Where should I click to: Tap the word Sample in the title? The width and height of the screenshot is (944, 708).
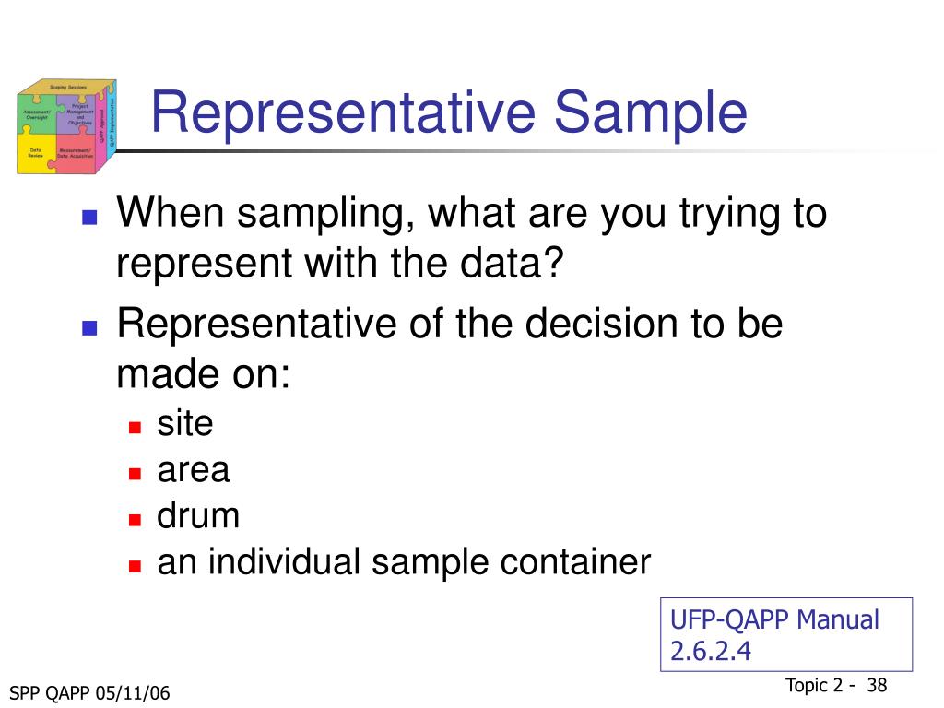click(650, 113)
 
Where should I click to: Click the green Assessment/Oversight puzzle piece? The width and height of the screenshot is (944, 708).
click(36, 113)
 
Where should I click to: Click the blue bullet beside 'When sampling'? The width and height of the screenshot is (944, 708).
click(89, 218)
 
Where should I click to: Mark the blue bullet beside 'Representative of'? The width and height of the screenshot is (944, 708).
click(89, 327)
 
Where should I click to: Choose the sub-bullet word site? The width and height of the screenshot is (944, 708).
click(185, 424)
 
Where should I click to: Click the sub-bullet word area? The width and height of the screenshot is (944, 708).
click(194, 471)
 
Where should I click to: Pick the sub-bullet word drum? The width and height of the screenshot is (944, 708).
click(198, 515)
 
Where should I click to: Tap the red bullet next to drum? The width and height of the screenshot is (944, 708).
click(135, 518)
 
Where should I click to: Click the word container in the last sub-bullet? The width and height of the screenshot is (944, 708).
click(586, 561)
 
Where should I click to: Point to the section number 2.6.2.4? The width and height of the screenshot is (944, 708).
click(711, 652)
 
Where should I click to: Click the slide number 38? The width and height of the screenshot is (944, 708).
click(877, 685)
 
